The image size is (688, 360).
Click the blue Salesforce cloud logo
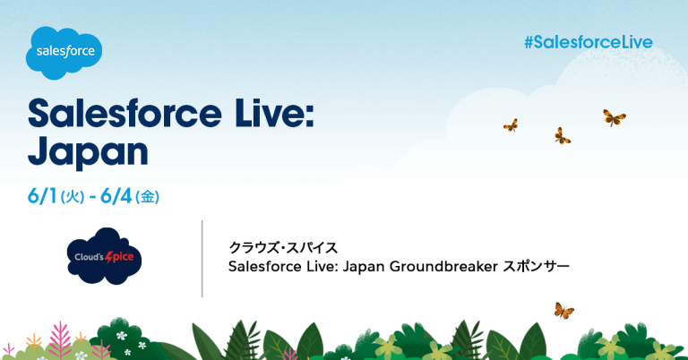point(64,53)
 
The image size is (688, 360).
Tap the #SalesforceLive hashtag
point(589,42)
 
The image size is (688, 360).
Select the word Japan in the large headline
point(88,151)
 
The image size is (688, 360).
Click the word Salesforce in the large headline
point(125,114)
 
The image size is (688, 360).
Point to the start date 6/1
point(43,196)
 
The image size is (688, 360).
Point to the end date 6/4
point(116,196)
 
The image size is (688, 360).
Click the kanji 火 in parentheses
point(73,197)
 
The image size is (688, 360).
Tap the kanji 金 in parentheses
point(148,197)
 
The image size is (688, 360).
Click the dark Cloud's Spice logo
point(104,256)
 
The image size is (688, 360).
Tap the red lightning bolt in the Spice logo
point(109,257)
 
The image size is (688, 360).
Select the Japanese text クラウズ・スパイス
point(283,248)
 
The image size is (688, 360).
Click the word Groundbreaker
point(443,266)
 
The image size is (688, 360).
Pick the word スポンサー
point(536,266)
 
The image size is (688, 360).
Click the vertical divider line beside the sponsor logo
point(202,259)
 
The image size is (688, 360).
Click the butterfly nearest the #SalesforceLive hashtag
point(614,117)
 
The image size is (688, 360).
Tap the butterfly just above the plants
point(563,311)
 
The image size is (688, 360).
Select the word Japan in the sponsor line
point(363,267)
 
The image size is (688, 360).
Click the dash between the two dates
point(92,198)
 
